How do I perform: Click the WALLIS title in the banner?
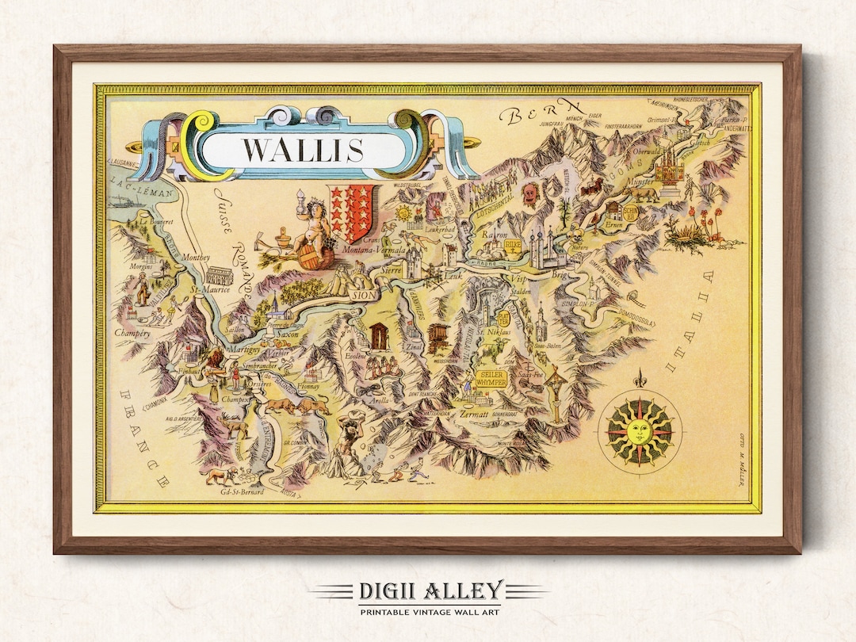[302, 149]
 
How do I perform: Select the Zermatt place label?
[472, 413]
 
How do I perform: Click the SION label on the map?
[364, 295]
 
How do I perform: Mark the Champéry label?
[132, 334]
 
